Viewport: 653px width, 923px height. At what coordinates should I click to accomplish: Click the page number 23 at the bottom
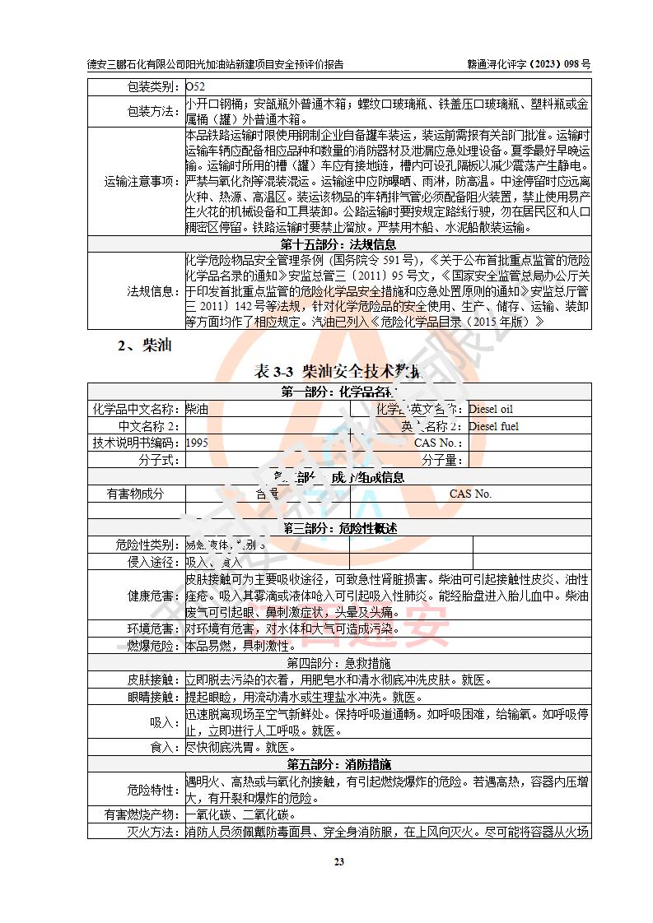tap(338, 861)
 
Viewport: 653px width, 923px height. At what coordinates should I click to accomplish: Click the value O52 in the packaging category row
tap(195, 86)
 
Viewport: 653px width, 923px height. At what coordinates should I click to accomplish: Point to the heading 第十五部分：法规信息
tap(338, 244)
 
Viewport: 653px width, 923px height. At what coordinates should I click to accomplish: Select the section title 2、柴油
tap(144, 346)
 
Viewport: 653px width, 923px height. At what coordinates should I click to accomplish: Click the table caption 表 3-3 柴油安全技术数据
tap(338, 372)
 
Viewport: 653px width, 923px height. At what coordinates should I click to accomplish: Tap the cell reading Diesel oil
tap(491, 409)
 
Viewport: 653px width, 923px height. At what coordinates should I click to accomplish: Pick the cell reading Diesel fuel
tap(493, 426)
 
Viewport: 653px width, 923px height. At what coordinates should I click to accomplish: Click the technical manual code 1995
tap(198, 443)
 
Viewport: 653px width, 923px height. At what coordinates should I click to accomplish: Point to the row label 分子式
tap(160, 460)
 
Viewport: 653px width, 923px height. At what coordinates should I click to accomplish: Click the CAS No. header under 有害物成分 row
tap(470, 494)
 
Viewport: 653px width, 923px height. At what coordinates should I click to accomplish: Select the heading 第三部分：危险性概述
tap(338, 528)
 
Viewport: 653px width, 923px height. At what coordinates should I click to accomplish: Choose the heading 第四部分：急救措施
tap(338, 663)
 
